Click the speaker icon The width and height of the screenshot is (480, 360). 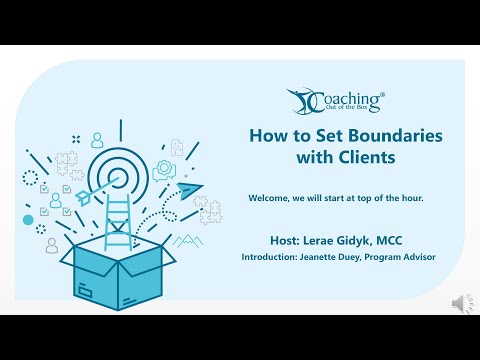[x=460, y=303]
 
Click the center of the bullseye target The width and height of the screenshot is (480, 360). [x=113, y=175]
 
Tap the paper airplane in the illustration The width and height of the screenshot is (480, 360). [x=189, y=187]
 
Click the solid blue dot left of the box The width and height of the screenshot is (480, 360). [x=28, y=219]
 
